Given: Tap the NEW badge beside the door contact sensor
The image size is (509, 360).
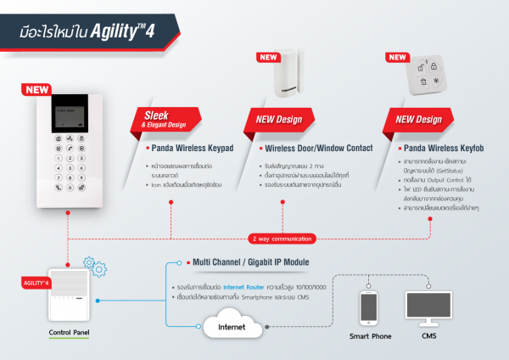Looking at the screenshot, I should click(x=266, y=57).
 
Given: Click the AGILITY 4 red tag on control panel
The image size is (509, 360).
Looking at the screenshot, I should click(x=38, y=281).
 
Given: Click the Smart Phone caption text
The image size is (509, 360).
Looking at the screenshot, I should click(x=370, y=336).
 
